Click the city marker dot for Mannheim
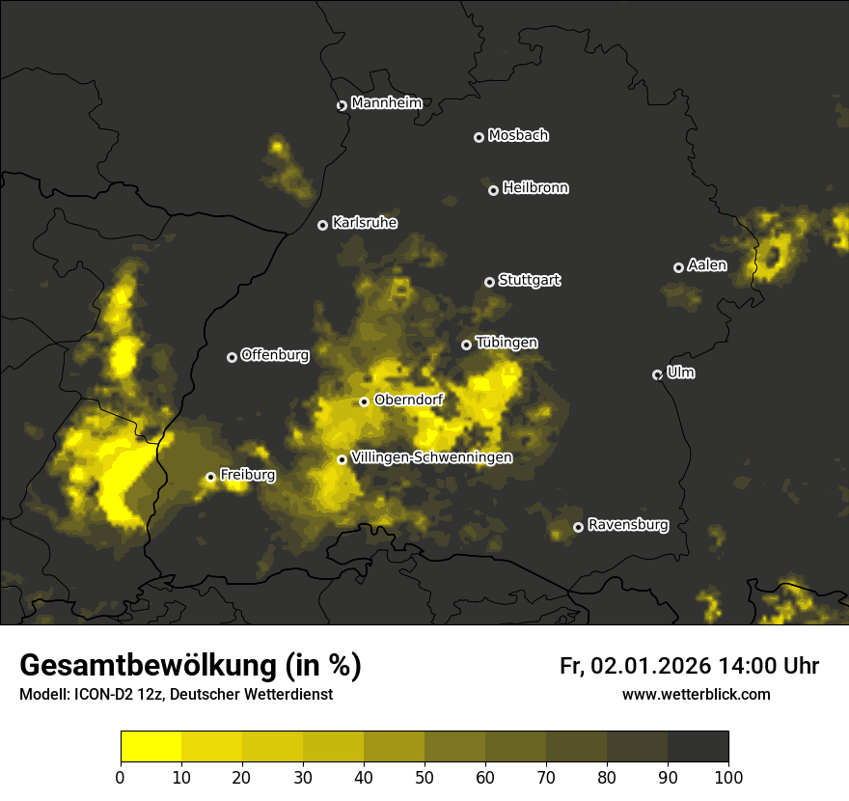tap(342, 106)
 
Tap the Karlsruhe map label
tap(365, 223)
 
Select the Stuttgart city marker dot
tap(489, 282)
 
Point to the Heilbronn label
tap(535, 188)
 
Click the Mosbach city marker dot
tap(479, 137)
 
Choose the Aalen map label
tap(707, 265)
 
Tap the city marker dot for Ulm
tap(658, 374)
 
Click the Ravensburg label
tap(628, 525)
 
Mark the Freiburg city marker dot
tap(210, 477)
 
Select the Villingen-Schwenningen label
tap(431, 457)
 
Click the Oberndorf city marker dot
tap(364, 401)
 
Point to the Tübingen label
tap(507, 343)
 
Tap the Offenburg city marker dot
tap(232, 357)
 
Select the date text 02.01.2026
tap(650, 666)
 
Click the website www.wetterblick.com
tap(696, 694)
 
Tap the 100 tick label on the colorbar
tap(727, 776)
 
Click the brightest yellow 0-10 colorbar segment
tap(151, 747)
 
